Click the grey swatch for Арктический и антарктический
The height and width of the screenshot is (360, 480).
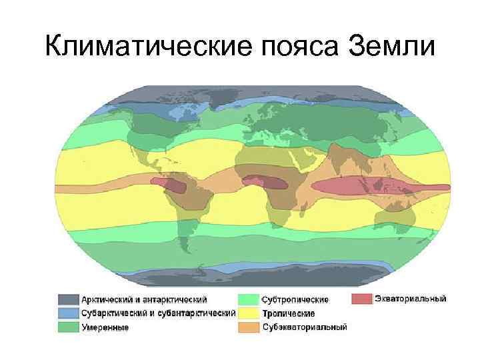(68, 300)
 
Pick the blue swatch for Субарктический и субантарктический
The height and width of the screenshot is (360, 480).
(68, 313)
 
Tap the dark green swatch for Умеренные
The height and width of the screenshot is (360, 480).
(68, 327)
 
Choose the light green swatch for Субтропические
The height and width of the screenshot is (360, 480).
(248, 300)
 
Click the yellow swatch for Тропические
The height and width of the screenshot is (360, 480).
(248, 313)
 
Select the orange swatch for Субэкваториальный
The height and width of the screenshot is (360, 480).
(248, 327)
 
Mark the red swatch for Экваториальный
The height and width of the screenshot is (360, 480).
(361, 299)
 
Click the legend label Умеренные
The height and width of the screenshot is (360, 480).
(105, 327)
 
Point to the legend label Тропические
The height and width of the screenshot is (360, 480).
(288, 313)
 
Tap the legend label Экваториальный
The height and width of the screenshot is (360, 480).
(411, 299)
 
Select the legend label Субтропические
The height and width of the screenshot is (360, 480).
(293, 300)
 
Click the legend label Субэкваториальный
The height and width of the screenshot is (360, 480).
(305, 327)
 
